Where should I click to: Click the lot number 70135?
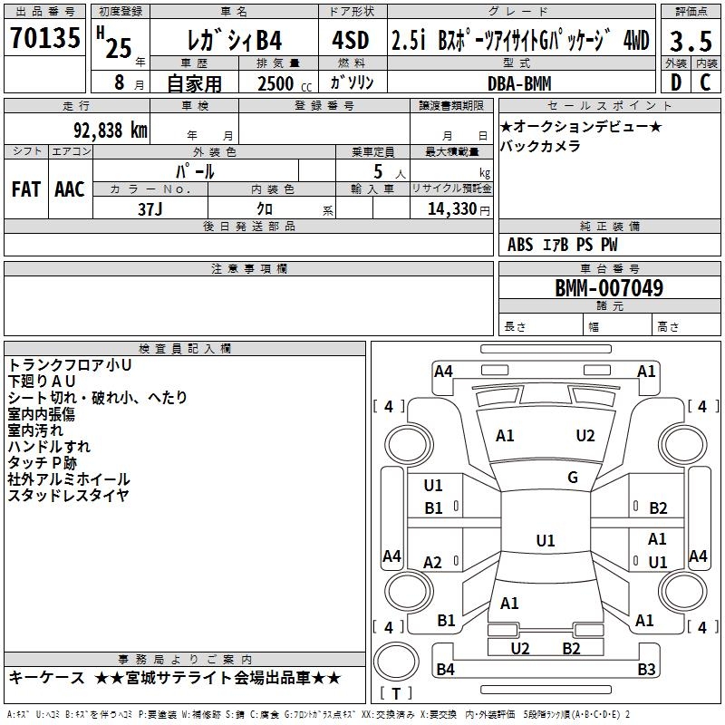click(45, 37)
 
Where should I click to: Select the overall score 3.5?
click(691, 41)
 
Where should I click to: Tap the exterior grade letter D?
click(676, 82)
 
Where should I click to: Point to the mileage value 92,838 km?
click(111, 130)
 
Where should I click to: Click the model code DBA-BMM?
click(519, 83)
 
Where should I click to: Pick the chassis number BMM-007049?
click(609, 287)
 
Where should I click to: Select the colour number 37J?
click(150, 209)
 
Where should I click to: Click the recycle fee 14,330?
click(451, 208)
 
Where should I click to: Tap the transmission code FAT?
click(26, 189)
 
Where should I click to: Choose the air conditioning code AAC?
click(70, 189)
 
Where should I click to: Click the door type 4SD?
click(351, 40)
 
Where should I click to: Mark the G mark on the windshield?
click(573, 478)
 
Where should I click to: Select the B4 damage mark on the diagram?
click(445, 669)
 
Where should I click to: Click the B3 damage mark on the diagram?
click(646, 669)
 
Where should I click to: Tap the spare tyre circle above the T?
click(396, 661)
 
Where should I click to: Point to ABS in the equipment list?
click(520, 245)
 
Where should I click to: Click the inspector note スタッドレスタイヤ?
click(69, 495)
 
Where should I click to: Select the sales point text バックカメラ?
click(540, 146)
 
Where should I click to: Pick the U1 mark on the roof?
click(546, 540)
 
